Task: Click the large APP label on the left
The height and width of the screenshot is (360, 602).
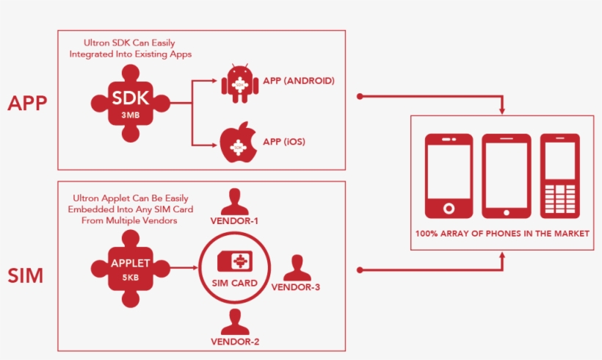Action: tap(27, 103)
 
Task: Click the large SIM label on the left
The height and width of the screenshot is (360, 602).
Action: tap(26, 276)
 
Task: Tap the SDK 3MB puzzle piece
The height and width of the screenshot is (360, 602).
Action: tap(131, 104)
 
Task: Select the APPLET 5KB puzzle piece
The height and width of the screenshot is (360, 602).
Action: tap(131, 269)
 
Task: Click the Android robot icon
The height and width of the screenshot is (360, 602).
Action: tap(240, 84)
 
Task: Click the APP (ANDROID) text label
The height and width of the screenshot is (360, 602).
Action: tap(299, 81)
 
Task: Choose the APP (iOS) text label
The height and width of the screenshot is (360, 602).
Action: tap(284, 142)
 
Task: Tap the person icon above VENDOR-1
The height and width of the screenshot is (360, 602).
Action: tap(235, 202)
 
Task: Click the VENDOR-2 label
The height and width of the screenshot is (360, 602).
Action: tap(235, 342)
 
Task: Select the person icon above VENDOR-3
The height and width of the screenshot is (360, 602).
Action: tap(297, 267)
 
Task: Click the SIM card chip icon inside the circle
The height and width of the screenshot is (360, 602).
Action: tap(235, 262)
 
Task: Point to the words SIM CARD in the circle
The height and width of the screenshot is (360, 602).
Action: tap(235, 283)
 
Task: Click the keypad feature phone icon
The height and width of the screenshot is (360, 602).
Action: tap(559, 176)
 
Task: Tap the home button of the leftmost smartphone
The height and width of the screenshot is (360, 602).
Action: tap(449, 209)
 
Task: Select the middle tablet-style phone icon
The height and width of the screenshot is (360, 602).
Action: tap(507, 176)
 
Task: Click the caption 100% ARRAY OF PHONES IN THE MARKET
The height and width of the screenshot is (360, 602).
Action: tap(502, 234)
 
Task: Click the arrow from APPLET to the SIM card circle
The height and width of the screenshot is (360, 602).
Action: tap(184, 267)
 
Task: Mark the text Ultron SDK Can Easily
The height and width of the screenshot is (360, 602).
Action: tap(129, 43)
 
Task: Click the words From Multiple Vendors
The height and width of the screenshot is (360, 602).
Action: tap(129, 220)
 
